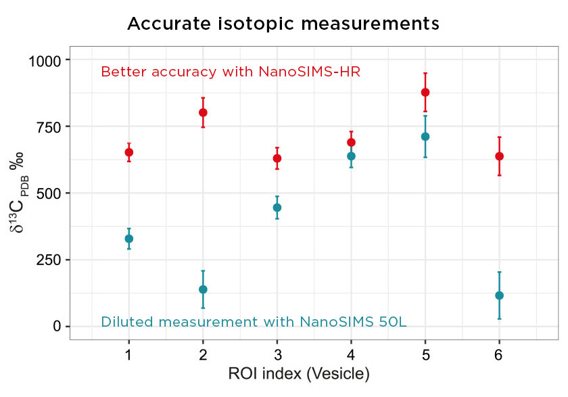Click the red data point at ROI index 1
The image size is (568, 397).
pyautogui.click(x=128, y=152)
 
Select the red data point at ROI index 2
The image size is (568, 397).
pyautogui.click(x=203, y=112)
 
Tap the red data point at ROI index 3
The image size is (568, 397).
pyautogui.click(x=277, y=158)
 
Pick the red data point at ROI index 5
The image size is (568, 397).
pyautogui.click(x=425, y=92)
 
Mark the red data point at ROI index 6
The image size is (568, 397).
pyautogui.click(x=499, y=156)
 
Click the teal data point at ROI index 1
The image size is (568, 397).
pyautogui.click(x=128, y=239)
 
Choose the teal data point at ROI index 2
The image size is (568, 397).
pyautogui.click(x=203, y=289)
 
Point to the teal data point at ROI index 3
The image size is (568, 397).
pyautogui.click(x=277, y=208)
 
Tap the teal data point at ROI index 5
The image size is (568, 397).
pyautogui.click(x=425, y=137)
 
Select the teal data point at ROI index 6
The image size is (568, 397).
pyautogui.click(x=499, y=296)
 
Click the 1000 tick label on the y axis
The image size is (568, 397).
pyautogui.click(x=45, y=61)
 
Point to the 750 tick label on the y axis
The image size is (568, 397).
pyautogui.click(x=49, y=127)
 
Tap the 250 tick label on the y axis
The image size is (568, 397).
pyautogui.click(x=49, y=260)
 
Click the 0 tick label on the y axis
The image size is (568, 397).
pyautogui.click(x=57, y=327)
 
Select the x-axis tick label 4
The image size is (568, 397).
pyautogui.click(x=351, y=354)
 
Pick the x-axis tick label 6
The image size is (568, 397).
pyautogui.click(x=499, y=354)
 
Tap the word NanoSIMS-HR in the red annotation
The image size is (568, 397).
pyautogui.click(x=310, y=72)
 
